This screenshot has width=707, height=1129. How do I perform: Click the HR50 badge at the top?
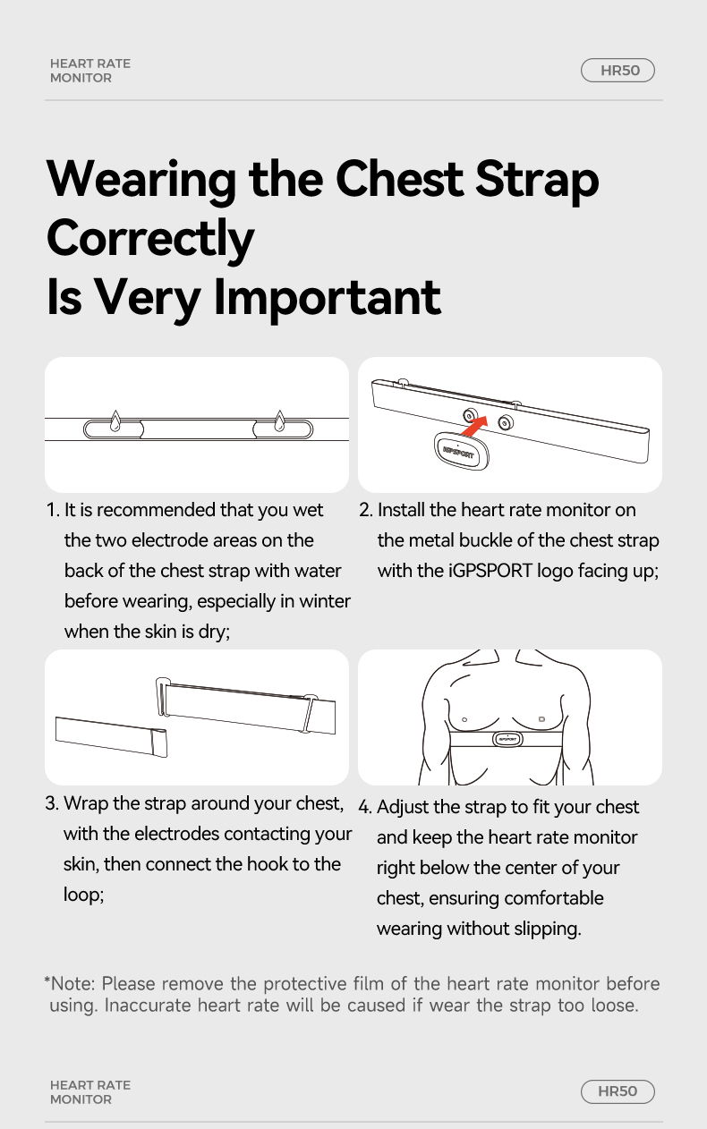pos(618,70)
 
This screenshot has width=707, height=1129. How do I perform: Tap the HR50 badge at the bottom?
pos(618,1091)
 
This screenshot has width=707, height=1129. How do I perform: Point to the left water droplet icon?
pos(115,421)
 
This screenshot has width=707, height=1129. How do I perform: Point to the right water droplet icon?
pos(279,421)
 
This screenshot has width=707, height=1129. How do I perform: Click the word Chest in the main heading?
pos(399,179)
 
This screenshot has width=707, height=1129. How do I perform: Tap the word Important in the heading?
pos(328,297)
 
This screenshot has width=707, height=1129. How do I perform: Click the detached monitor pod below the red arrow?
pos(461,451)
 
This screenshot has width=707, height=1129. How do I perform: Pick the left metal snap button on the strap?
pos(470,416)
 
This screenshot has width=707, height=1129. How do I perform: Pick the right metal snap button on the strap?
pos(506,422)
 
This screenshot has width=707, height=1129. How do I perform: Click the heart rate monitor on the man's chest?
pos(507,739)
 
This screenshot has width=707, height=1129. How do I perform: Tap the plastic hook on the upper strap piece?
pos(162,697)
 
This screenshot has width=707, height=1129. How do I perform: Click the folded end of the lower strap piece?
pos(159,743)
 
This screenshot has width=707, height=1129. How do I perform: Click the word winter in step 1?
pos(325,601)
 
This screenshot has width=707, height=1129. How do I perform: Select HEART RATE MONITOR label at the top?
pos(90,71)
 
